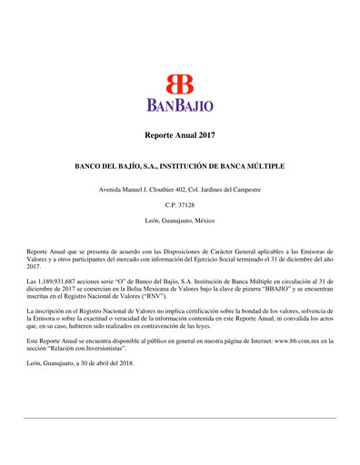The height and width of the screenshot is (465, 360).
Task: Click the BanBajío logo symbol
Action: click(179, 83)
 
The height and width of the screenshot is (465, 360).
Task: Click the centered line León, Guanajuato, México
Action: click(180, 221)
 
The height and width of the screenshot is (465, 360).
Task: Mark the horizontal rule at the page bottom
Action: click(180, 418)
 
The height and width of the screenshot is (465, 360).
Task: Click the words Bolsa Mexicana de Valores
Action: click(150, 290)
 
